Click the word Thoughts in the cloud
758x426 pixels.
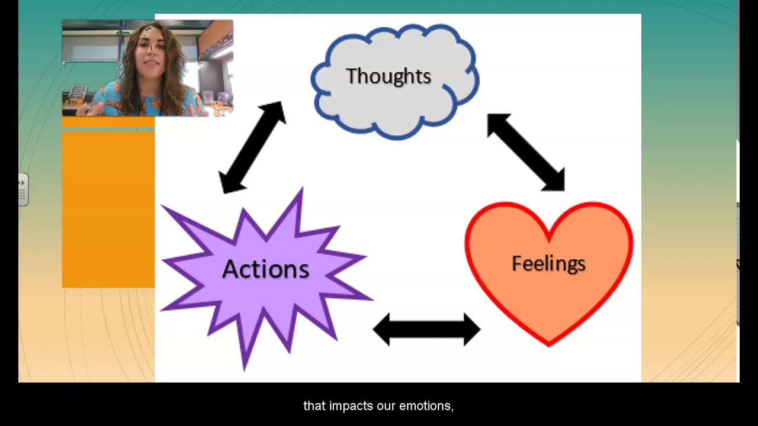(388, 76)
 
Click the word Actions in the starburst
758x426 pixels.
(265, 269)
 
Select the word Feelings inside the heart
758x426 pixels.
(548, 263)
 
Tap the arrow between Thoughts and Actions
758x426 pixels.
(252, 147)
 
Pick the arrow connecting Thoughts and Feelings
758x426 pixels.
(525, 152)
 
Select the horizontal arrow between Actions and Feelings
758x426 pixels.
(426, 330)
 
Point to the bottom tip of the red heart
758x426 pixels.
(549, 344)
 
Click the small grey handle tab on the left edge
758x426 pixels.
(23, 189)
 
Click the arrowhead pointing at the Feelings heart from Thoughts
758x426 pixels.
(554, 180)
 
